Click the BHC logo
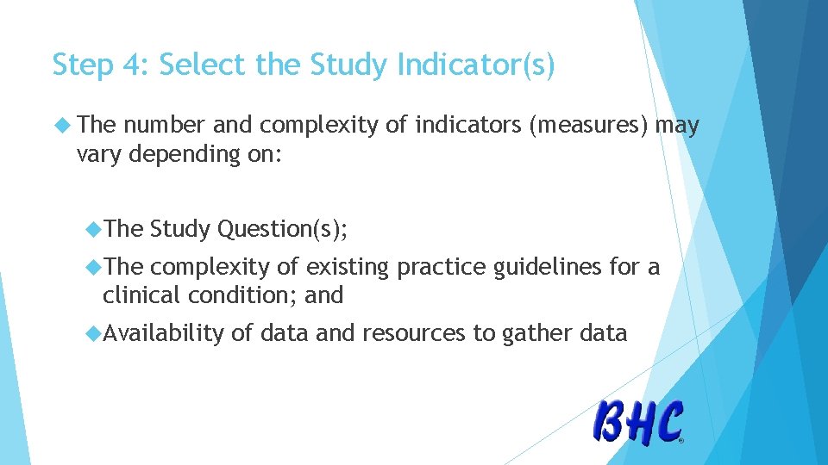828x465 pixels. [639, 423]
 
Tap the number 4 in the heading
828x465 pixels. [133, 65]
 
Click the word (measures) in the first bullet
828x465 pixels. [590, 127]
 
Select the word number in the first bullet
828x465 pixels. [165, 127]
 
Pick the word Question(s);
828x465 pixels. [284, 229]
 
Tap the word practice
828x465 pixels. [441, 267]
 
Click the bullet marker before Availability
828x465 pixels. [94, 333]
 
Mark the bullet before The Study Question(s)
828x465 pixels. [94, 229]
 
